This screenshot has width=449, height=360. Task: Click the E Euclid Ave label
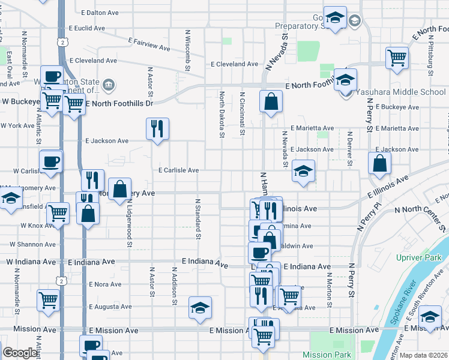pos(87,28)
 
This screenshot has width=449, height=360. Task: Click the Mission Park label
pos(326,354)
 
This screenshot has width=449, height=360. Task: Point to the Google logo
pos(20,353)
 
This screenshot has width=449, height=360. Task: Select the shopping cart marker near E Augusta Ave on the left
pos(48,300)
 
